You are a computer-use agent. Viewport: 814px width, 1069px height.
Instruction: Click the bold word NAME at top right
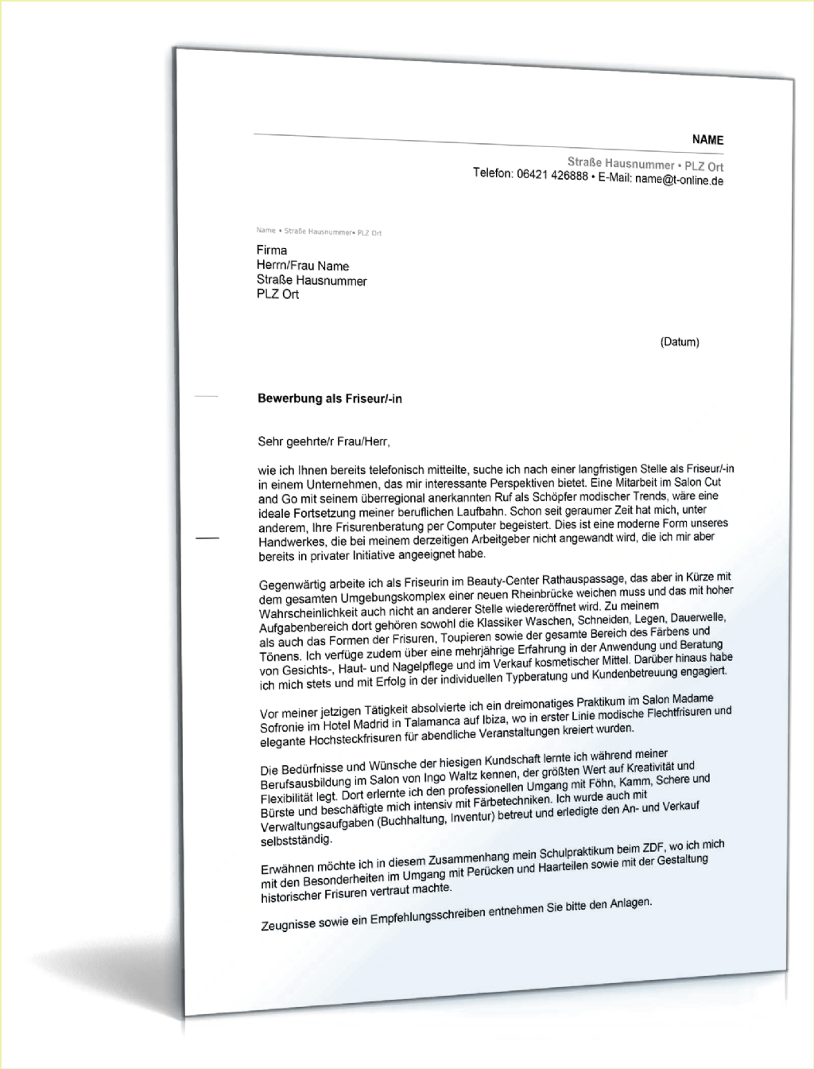tap(707, 140)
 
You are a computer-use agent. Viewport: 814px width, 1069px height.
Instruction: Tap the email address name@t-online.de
tap(679, 180)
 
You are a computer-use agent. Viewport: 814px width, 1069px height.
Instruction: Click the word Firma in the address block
tap(272, 251)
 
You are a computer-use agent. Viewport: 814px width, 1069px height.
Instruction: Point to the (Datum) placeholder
tap(679, 342)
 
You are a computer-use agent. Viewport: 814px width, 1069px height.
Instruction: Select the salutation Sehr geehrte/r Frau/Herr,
tap(325, 441)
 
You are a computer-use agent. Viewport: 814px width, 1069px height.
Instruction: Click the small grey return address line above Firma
tap(319, 231)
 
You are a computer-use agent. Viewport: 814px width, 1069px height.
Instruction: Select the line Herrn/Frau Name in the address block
tap(303, 266)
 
